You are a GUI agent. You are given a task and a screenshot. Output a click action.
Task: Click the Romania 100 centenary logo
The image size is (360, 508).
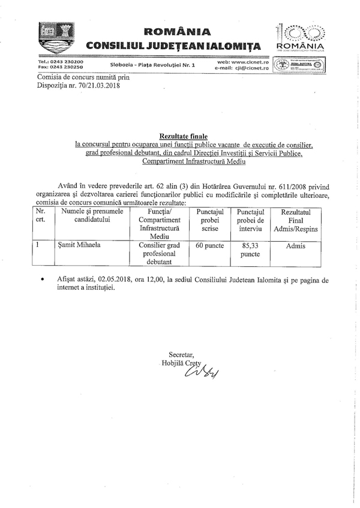click(299, 37)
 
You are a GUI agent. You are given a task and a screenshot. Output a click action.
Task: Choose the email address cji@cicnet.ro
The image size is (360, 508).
click(251, 68)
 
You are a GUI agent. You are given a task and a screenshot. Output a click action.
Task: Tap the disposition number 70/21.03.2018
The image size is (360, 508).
click(97, 86)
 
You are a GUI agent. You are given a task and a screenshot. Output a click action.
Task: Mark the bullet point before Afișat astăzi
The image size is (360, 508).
click(42, 280)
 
